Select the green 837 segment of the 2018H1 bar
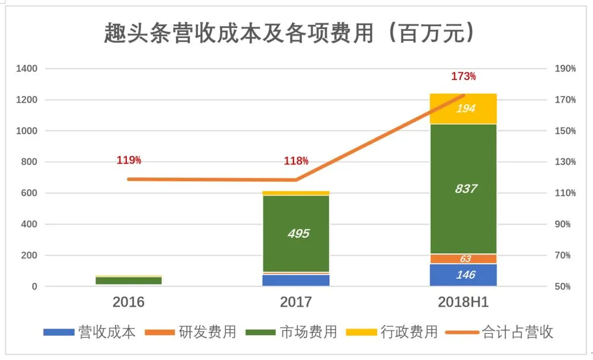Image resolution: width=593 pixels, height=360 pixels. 463,189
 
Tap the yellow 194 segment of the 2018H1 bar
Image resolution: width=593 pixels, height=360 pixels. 463,109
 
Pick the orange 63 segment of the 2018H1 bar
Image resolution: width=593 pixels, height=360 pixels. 463,259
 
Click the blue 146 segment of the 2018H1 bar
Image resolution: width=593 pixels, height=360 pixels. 463,275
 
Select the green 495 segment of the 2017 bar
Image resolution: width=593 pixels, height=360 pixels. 296,234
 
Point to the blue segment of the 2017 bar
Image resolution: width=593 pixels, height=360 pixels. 296,280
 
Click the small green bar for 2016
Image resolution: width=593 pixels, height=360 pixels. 129,281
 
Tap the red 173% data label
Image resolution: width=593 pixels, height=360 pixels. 463,77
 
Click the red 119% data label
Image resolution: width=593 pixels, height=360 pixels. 129,160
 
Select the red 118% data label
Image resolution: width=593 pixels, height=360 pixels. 296,161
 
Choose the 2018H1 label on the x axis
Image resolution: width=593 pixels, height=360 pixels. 463,302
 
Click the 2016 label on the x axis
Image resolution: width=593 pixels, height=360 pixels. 129,302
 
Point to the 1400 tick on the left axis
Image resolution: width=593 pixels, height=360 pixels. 27,69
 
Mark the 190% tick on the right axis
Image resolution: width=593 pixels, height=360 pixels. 565,69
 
